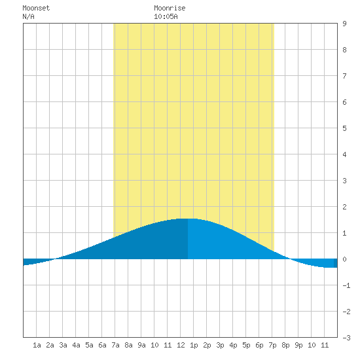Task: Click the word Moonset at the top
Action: coord(36,8)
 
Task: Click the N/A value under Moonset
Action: coord(28,16)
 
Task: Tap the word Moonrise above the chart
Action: coord(170,8)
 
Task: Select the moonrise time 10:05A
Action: coord(166,16)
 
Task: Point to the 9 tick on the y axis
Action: coord(344,24)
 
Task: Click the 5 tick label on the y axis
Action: coord(344,128)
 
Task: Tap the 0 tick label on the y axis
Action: coord(344,259)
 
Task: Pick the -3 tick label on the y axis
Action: coord(346,338)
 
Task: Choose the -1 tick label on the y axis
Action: coord(346,285)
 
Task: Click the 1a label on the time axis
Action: coord(37,345)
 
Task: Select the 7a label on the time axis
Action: coord(115,345)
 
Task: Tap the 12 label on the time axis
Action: coord(181,345)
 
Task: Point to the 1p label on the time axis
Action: coord(194,345)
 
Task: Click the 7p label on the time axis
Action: coord(272,345)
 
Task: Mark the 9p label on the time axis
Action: coord(298,345)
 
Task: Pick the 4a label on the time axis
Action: coord(76,345)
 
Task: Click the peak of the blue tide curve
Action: coord(188,219)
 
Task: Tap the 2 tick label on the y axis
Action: coord(344,207)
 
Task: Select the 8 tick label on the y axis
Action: coord(344,50)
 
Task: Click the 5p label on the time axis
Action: coord(246,345)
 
